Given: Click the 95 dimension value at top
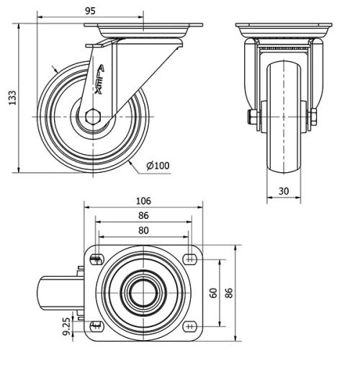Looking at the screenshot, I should point(89,11).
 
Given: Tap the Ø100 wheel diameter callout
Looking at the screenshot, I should point(158,166).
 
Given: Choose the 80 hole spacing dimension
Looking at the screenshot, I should point(143,231).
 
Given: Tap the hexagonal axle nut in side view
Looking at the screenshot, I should point(93,117).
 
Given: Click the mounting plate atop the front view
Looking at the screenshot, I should point(284,30).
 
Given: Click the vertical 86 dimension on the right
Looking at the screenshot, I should point(229,293).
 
